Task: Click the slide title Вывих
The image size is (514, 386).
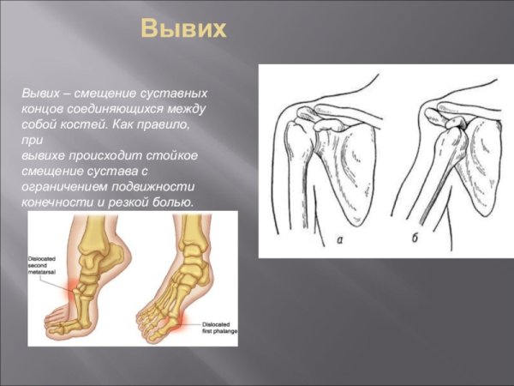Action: pyautogui.click(x=183, y=29)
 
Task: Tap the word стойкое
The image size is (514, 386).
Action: pyautogui.click(x=175, y=155)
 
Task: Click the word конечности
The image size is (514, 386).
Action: pyautogui.click(x=56, y=202)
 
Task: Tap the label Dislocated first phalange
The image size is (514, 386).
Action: pyautogui.click(x=219, y=328)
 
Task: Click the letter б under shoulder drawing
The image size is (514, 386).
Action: pyautogui.click(x=415, y=238)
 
